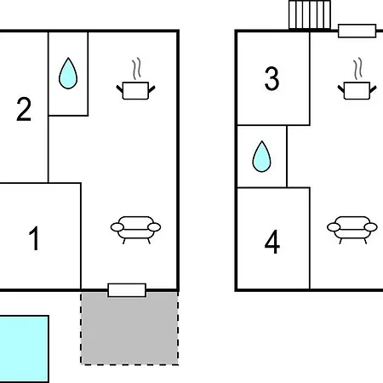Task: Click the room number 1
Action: pos(34,238)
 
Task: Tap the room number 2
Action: pos(24,109)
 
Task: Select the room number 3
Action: pos(272,78)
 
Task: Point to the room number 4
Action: pos(272,242)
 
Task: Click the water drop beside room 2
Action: pos(68,73)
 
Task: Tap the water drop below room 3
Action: pos(261,157)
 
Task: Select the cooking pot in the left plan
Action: pos(135,90)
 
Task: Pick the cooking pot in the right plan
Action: pos(357,90)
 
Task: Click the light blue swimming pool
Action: pos(24,349)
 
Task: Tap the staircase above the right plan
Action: pos(310,14)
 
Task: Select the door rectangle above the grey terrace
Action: pos(127,290)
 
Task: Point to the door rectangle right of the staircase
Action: pos(357,31)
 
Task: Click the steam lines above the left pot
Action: pos(136,68)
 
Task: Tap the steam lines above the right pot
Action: pos(357,68)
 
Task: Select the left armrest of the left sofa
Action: pos(117,227)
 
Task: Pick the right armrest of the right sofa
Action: pos(371,227)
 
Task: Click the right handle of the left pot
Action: pos(151,89)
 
